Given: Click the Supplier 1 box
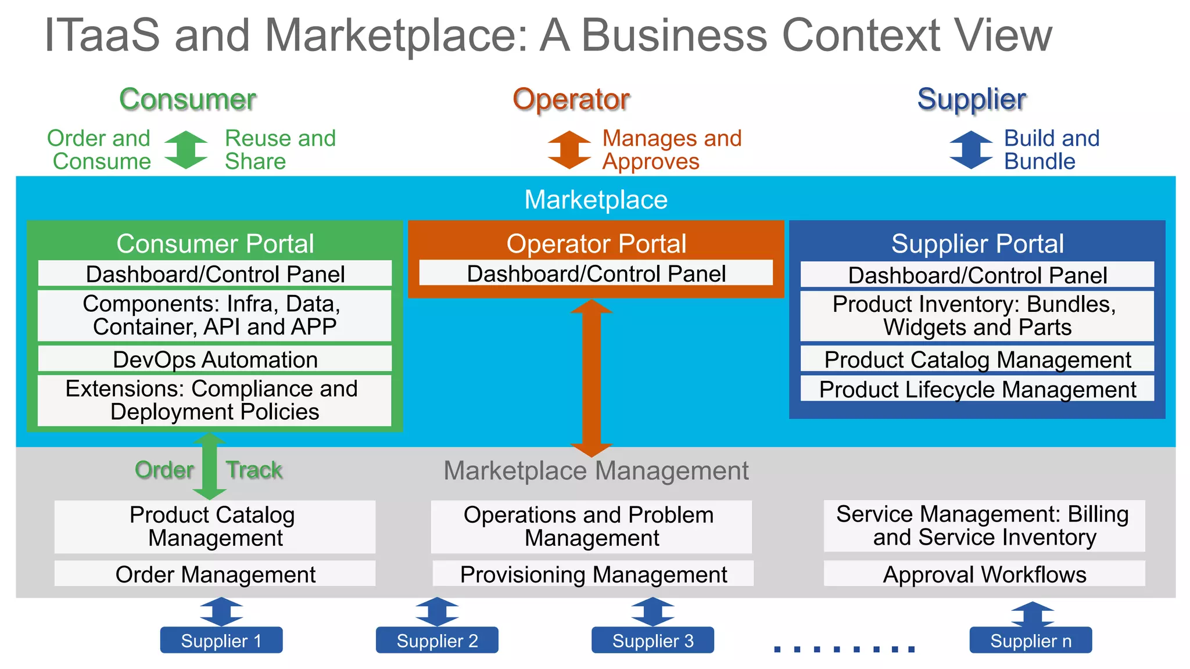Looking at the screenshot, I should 221,640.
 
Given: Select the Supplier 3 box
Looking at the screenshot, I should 653,640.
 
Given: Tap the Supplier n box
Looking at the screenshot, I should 1030,640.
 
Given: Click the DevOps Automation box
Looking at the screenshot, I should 215,359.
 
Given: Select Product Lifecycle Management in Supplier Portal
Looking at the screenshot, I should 977,389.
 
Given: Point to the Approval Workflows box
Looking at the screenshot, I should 984,574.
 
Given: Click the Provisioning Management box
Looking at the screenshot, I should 593,574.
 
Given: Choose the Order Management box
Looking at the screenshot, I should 215,574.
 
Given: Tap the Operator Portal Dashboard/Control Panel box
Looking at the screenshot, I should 596,274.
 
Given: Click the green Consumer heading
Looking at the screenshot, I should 188,99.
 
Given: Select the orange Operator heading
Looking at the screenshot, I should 571,99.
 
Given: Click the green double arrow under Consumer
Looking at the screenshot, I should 186,150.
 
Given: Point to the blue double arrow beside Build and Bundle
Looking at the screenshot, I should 971,150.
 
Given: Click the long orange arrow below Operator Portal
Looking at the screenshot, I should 592,377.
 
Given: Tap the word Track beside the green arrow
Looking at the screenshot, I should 255,470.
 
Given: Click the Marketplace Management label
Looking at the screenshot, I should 596,471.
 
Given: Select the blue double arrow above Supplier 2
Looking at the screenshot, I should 437,612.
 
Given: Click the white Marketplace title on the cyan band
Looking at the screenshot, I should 596,200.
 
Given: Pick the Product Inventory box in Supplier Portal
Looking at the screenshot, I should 977,316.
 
